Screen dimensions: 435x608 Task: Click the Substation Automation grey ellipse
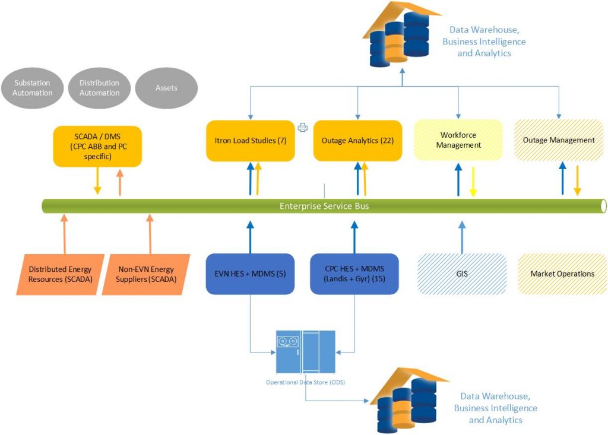pos(33,88)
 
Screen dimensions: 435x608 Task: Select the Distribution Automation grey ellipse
pos(99,88)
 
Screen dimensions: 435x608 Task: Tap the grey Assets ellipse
pos(166,88)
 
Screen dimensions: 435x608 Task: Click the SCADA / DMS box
pos(97,146)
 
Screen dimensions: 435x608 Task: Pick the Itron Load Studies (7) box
pos(250,141)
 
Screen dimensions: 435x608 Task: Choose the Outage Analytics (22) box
pos(357,141)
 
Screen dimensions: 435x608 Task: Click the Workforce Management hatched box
pos(458,140)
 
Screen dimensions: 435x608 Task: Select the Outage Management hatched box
pos(559,140)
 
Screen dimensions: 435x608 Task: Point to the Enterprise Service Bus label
pos(324,207)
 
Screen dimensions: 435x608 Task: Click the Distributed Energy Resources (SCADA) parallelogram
pos(60,274)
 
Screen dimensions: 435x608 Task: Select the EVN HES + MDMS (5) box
pos(250,274)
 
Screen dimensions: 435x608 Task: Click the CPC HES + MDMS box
pos(354,274)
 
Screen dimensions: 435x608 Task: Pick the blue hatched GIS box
pos(461,274)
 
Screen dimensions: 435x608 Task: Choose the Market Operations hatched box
pos(562,274)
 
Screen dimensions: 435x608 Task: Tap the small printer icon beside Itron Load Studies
pos(303,126)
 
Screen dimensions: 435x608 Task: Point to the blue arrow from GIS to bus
pos(461,236)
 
